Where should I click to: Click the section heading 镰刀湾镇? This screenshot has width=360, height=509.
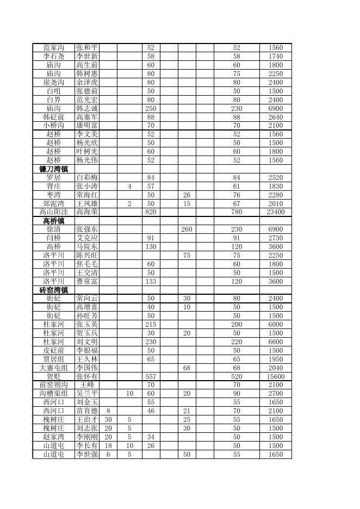[x=53, y=169]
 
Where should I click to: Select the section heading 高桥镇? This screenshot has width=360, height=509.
[x=53, y=221]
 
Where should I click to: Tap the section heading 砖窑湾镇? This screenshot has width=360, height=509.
[x=53, y=290]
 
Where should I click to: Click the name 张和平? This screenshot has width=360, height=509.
[x=87, y=48]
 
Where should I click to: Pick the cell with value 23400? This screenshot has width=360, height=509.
[x=276, y=212]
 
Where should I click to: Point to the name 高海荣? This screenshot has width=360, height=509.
[x=87, y=212]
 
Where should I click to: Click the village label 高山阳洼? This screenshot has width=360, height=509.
[x=53, y=212]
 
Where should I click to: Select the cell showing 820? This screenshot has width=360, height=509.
[x=151, y=212]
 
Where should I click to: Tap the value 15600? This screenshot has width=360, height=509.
[x=276, y=376]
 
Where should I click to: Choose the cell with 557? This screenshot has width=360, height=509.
[x=151, y=376]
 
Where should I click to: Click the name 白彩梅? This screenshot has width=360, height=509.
[x=87, y=178]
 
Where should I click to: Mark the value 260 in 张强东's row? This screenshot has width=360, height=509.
[x=187, y=229]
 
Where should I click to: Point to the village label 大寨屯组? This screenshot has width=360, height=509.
[x=53, y=368]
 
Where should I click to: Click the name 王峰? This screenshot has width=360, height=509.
[x=87, y=385]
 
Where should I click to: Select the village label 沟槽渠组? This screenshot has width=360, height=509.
[x=53, y=394]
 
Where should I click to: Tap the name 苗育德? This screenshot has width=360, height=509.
[x=87, y=411]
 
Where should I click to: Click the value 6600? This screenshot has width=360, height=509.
[x=276, y=342]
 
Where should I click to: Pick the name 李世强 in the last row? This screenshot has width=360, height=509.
[x=87, y=454]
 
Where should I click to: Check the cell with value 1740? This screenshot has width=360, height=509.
[x=276, y=57]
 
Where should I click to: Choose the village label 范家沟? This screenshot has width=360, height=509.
[x=53, y=48]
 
